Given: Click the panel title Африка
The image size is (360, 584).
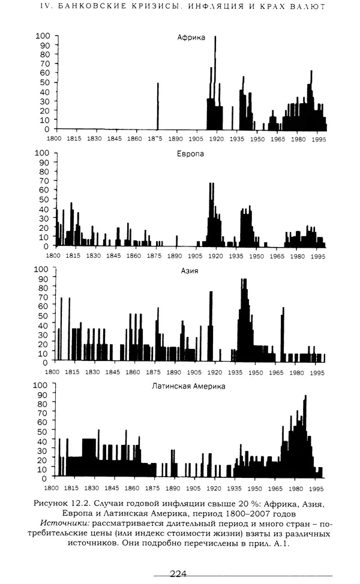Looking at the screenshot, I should [x=191, y=38].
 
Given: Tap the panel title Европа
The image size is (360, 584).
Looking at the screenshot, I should [x=190, y=154].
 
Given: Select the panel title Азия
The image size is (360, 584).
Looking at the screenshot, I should [x=190, y=270].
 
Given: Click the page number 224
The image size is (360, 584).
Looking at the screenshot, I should [x=179, y=574].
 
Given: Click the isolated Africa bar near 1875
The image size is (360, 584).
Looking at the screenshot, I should [x=158, y=106].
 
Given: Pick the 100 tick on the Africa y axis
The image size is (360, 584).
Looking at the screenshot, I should [x=43, y=35].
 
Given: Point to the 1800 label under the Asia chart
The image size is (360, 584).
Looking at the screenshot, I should [x=53, y=372].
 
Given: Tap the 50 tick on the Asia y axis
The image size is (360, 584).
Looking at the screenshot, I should [x=43, y=315].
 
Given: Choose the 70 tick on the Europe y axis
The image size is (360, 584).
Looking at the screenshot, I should [x=43, y=180].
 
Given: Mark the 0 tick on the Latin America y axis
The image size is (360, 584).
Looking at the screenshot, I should [x=45, y=478].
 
